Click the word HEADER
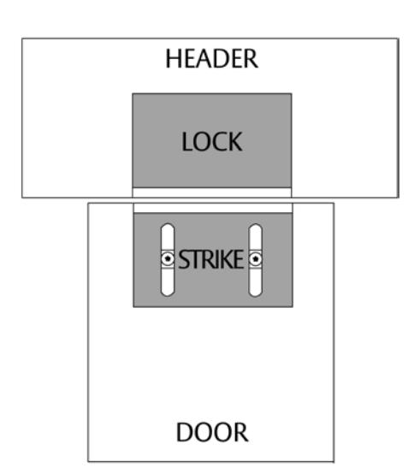[211, 58]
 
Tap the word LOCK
[211, 142]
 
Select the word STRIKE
[211, 259]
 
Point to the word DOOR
[212, 432]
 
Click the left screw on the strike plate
[168, 258]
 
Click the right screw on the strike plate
[256, 258]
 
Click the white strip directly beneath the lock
[212, 193]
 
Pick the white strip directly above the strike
[213, 208]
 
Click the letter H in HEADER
[173, 58]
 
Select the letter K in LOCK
[235, 142]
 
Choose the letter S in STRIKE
[184, 259]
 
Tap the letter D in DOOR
[184, 432]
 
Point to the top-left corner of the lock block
[133, 94]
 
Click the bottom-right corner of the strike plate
[293, 306]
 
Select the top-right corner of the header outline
[399, 39]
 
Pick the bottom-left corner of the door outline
[88, 461]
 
